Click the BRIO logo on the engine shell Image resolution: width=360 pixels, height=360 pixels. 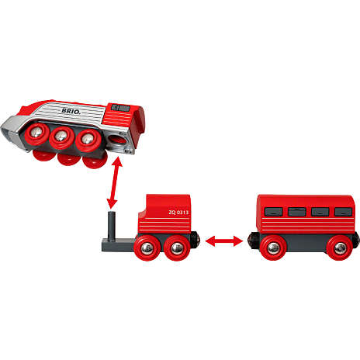point(71,111)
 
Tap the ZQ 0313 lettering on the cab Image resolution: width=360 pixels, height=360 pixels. point(178,213)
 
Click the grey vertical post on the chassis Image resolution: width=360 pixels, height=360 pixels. point(112,226)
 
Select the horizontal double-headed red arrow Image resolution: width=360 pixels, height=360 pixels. point(224,241)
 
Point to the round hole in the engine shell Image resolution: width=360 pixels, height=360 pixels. point(117,141)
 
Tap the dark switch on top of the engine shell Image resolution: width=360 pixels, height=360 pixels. point(120,108)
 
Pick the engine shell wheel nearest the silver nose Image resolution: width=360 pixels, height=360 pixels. point(36,134)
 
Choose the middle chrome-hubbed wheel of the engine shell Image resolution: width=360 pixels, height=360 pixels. point(62,137)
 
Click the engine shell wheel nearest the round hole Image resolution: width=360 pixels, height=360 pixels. point(88,140)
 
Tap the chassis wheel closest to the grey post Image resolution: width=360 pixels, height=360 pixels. point(147,247)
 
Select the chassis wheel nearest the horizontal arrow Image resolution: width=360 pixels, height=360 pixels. point(177,248)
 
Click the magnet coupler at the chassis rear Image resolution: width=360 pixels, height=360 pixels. point(196,240)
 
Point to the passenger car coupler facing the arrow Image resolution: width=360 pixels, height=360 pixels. point(251,241)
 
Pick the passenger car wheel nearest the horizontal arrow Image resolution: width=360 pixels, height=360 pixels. point(273,248)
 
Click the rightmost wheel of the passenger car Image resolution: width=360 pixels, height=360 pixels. point(339,248)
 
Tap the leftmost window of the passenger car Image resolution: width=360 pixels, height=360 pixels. point(274,212)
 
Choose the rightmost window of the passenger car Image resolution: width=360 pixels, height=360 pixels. point(343,212)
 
